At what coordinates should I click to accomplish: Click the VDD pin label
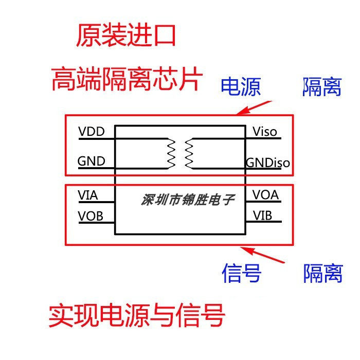click(92, 132)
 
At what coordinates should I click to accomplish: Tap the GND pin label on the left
click(92, 161)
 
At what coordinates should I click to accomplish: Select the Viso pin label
click(265, 132)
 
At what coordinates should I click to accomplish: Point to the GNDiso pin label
click(267, 163)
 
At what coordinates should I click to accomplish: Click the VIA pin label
click(88, 195)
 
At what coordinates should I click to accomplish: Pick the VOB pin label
click(91, 216)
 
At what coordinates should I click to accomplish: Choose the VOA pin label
click(265, 195)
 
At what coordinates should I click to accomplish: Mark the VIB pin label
click(262, 215)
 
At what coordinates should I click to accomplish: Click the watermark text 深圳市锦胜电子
click(187, 200)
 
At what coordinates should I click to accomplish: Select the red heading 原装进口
click(127, 37)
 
